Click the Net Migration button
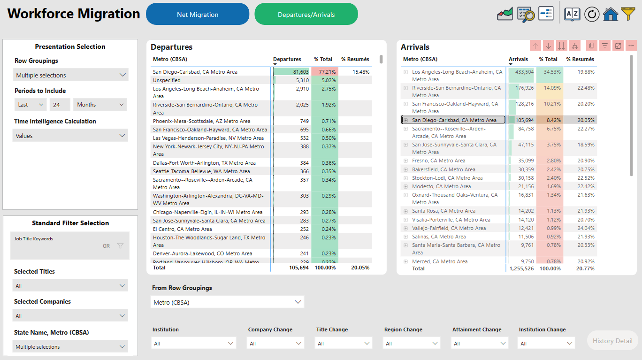click(x=198, y=14)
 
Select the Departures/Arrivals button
click(x=306, y=14)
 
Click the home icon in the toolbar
click(x=610, y=14)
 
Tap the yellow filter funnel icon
click(x=628, y=14)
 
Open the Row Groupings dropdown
click(x=70, y=75)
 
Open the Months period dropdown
click(x=99, y=105)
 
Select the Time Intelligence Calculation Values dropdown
click(x=70, y=136)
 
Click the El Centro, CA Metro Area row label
click(x=182, y=229)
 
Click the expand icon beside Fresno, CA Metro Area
click(x=405, y=161)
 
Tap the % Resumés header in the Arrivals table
click(x=580, y=59)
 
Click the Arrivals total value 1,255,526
click(x=521, y=268)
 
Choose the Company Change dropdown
click(x=275, y=344)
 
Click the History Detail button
click(x=612, y=341)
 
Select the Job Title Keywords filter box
click(x=69, y=245)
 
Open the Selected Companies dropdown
click(x=70, y=315)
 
